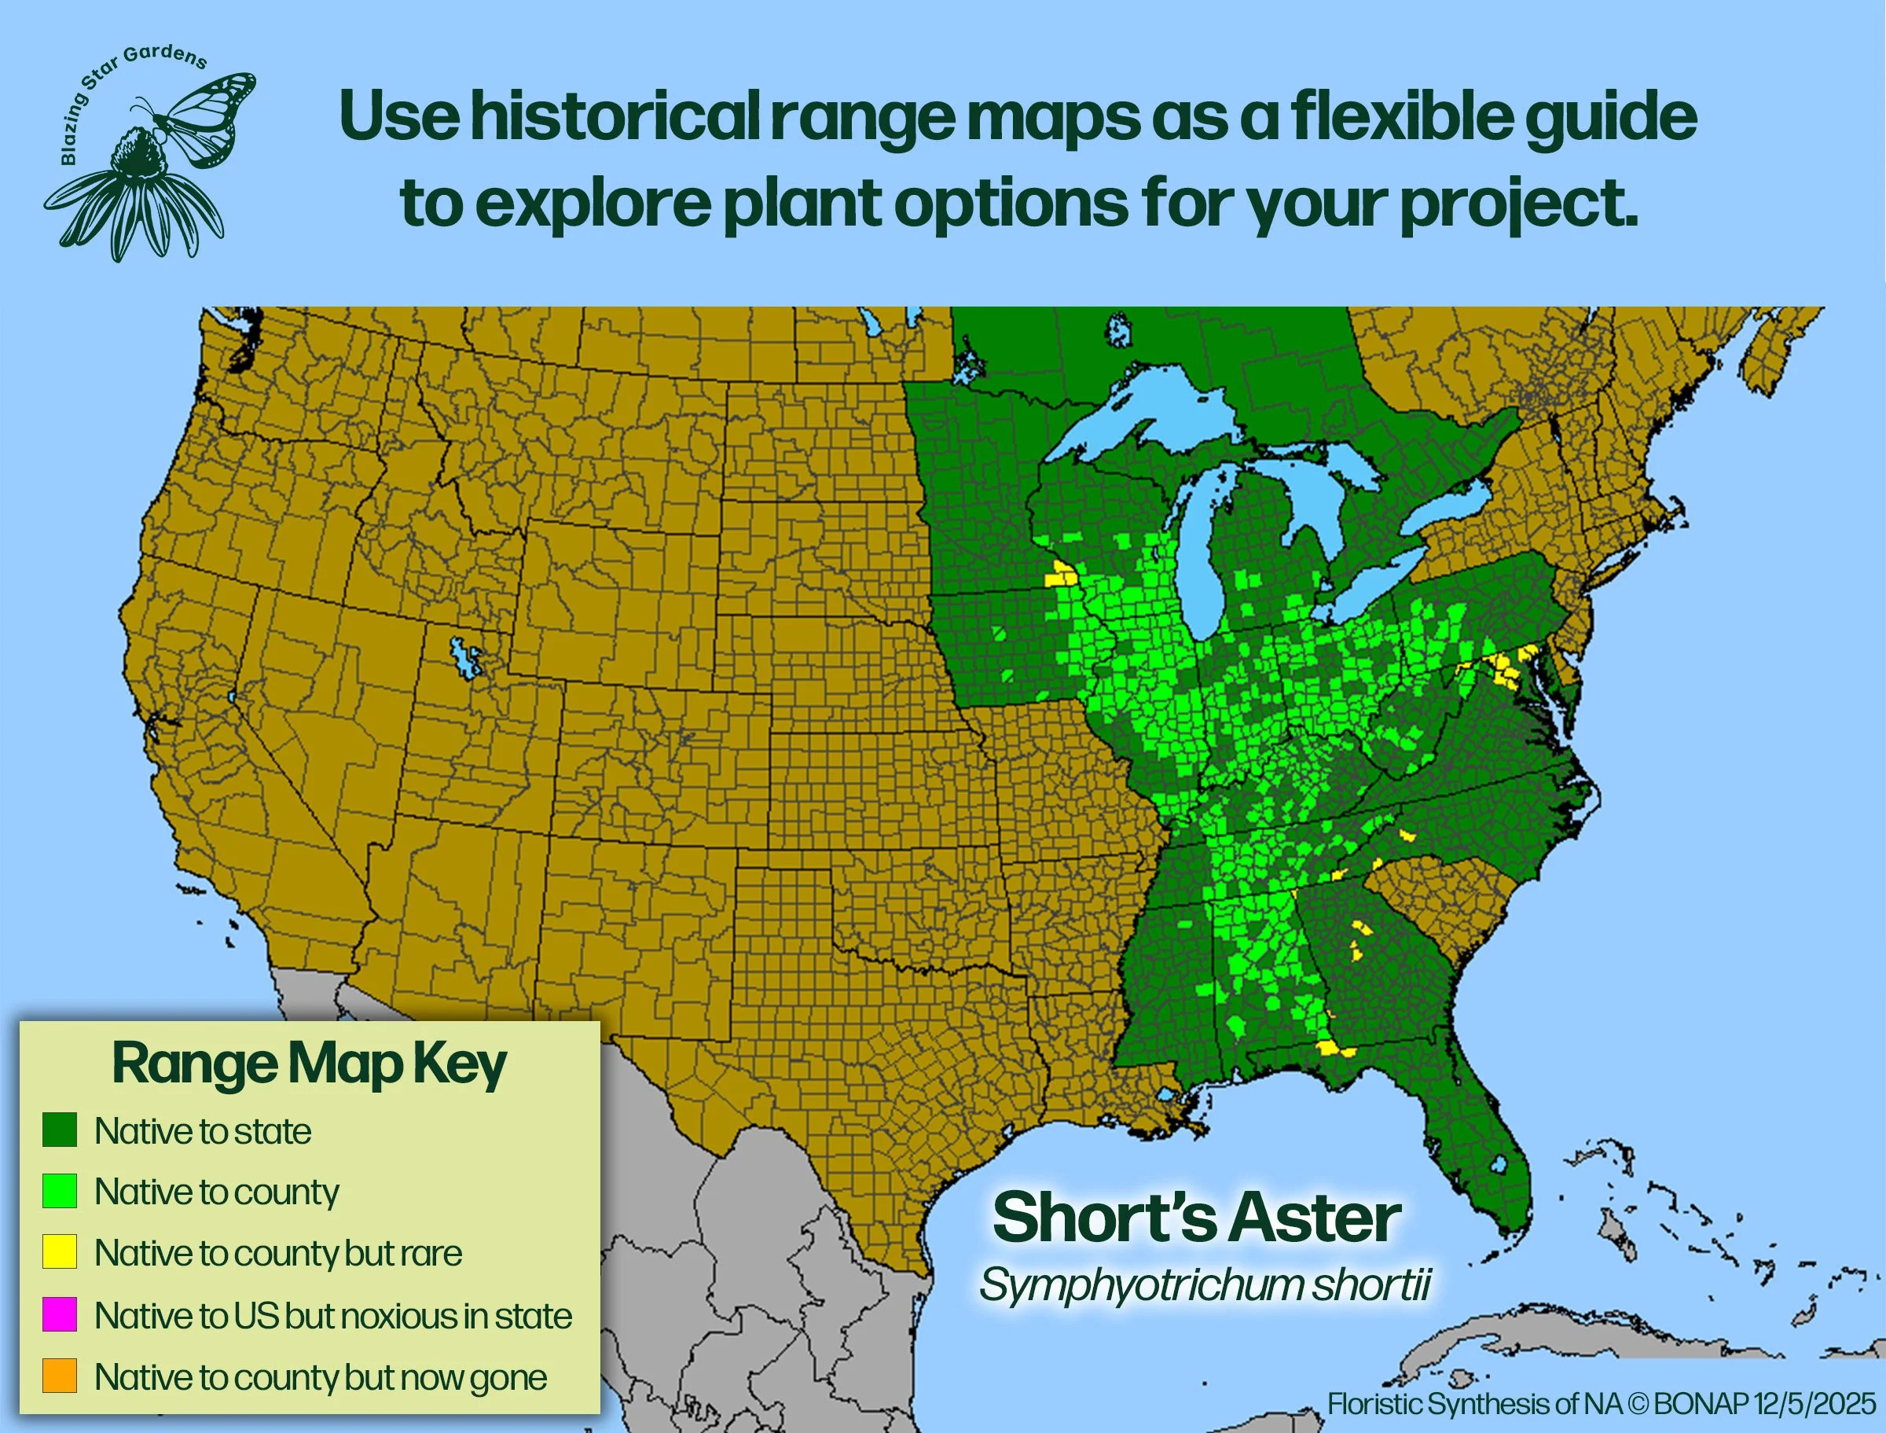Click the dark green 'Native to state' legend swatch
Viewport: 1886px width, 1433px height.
point(60,1130)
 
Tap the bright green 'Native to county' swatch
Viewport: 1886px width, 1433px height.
point(60,1191)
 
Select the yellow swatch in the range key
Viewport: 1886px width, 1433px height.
point(60,1251)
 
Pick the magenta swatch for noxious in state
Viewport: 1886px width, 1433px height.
point(60,1314)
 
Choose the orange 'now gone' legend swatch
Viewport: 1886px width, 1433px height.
point(60,1376)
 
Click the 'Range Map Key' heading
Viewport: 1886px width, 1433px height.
point(309,1064)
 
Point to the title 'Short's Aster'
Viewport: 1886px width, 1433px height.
point(1196,1218)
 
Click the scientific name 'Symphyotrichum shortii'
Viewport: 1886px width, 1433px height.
point(1204,1284)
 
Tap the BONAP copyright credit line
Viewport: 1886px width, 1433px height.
point(1602,1403)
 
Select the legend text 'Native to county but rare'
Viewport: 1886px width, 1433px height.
point(278,1252)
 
